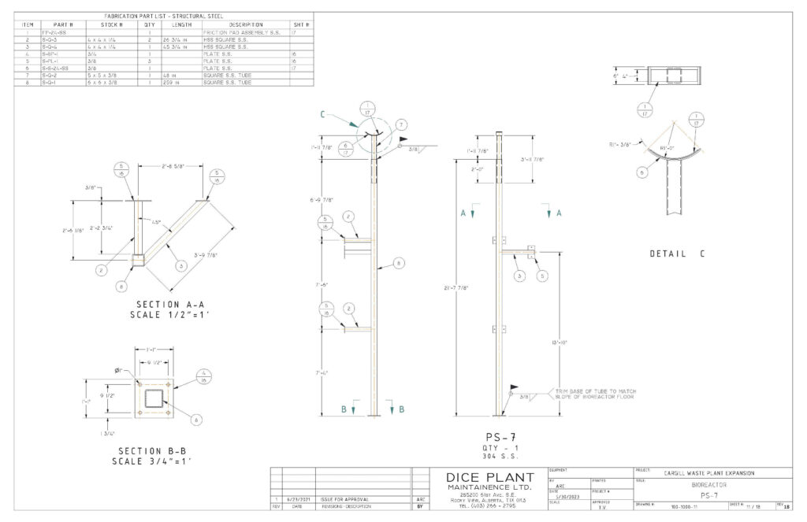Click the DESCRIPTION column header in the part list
click(x=246, y=24)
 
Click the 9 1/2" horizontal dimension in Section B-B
click(x=155, y=364)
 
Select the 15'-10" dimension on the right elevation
click(x=560, y=342)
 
